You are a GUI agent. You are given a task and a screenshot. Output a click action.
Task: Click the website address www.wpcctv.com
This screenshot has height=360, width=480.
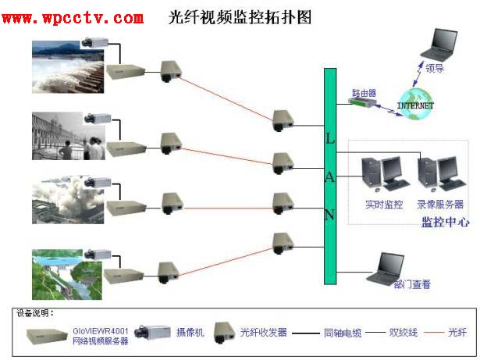click(73, 17)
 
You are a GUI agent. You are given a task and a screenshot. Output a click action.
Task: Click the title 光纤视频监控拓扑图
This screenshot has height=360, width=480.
click(240, 17)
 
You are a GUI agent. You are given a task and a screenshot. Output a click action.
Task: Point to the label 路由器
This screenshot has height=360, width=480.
click(364, 91)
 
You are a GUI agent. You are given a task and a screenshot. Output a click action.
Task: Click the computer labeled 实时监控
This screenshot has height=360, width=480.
click(383, 176)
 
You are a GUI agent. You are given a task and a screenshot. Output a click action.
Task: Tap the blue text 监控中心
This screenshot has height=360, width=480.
click(445, 222)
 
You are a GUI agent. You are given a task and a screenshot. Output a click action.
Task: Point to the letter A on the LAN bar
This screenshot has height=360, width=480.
click(329, 176)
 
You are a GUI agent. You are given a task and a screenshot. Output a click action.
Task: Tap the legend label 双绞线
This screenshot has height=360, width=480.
click(404, 333)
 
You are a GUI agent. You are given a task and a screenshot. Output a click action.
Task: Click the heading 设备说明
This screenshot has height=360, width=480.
click(35, 312)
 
